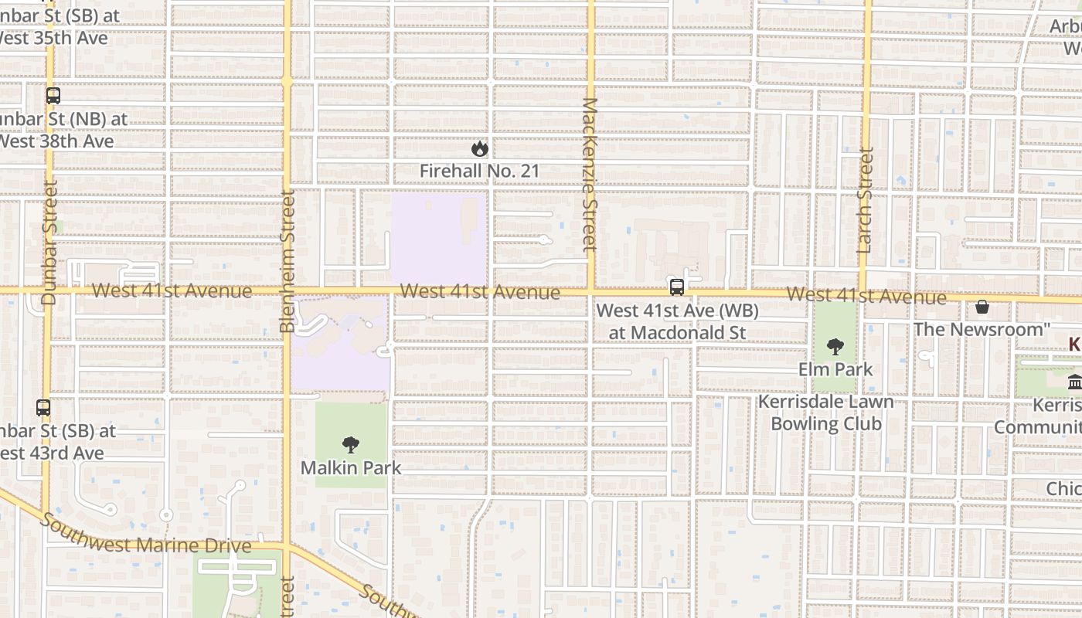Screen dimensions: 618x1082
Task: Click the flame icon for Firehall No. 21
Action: (x=479, y=148)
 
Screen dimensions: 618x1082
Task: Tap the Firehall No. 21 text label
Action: (x=479, y=171)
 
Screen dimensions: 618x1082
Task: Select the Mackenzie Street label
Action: (x=590, y=175)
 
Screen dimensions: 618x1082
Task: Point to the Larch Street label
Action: (x=865, y=201)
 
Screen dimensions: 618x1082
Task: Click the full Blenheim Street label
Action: (x=288, y=261)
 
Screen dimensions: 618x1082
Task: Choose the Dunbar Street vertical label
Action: (x=49, y=242)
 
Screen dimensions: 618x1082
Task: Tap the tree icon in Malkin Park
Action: (x=351, y=445)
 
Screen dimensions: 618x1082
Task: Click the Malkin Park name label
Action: (x=351, y=467)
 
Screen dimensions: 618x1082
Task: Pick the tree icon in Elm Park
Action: (x=835, y=347)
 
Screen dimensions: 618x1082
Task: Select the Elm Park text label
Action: (x=835, y=369)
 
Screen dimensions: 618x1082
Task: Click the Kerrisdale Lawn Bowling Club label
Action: (x=826, y=413)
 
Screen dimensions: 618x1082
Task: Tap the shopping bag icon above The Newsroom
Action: (x=982, y=307)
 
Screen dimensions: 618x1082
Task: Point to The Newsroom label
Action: (x=982, y=329)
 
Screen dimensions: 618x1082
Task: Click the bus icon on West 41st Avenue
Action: (x=677, y=287)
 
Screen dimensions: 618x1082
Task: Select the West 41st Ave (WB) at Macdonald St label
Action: (x=678, y=321)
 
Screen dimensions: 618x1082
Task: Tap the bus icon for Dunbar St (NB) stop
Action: (x=53, y=96)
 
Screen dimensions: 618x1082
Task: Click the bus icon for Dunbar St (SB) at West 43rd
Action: (x=43, y=407)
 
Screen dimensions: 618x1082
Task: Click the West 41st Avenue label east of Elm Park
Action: (x=866, y=296)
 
